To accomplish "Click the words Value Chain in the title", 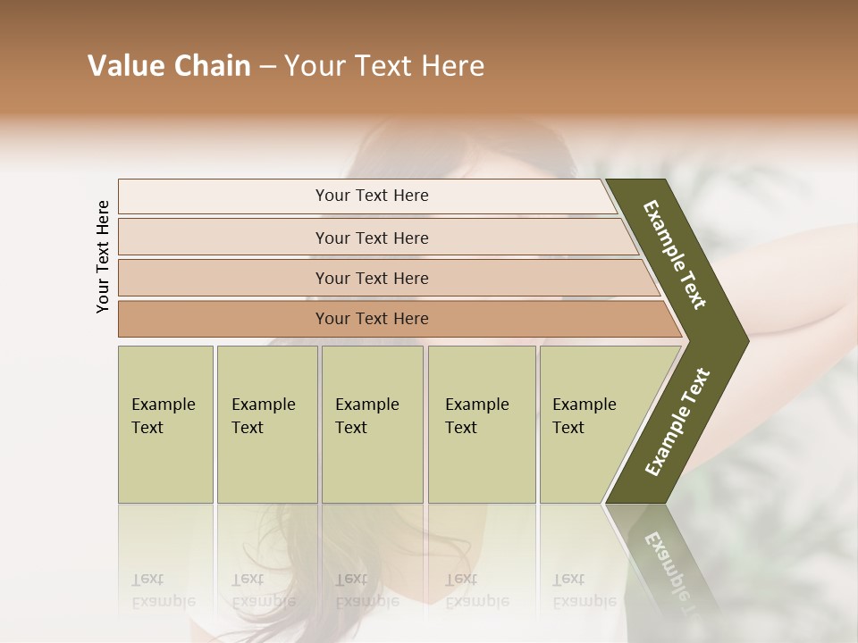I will coord(169,66).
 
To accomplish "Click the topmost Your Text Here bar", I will coord(371,196).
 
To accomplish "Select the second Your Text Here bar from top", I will coord(371,238).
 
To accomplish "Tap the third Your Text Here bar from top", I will coord(371,278).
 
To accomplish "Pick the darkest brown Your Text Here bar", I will coord(371,319).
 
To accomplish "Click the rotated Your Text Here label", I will coord(103,256).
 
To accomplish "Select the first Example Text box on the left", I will coord(165,424).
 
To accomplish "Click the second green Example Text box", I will coord(267,424).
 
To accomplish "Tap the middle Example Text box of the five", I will coord(372,424).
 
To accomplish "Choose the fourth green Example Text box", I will coord(482,424).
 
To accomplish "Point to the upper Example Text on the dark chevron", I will coord(675,255).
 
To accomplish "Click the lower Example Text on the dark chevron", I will coord(677,422).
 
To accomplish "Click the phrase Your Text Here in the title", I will coord(383,66).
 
